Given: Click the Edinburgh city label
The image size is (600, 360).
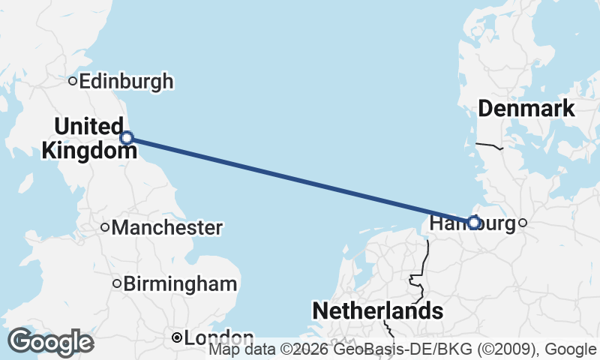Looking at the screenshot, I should [126, 81].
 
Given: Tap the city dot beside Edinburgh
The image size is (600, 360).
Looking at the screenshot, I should [73, 81].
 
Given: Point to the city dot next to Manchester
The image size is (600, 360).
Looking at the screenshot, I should [105, 227].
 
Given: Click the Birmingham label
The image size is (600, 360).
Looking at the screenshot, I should [180, 284].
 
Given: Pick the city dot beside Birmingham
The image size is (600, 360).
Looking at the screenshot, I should [117, 283].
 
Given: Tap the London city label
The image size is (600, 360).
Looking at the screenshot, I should [219, 338].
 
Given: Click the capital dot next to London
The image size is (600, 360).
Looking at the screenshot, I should [176, 338].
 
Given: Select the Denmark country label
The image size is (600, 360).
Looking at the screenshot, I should [526, 109].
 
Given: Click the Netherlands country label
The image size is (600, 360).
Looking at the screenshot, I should [376, 310].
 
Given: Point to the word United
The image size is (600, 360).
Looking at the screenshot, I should [88, 126].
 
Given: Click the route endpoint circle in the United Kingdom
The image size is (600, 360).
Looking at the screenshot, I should [127, 137].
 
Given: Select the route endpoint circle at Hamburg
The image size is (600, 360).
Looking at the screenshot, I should [473, 222].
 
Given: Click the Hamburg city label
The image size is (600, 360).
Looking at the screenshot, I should [474, 223].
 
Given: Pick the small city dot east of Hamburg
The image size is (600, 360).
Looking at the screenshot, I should [523, 222].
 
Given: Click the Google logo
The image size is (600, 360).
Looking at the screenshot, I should [50, 342].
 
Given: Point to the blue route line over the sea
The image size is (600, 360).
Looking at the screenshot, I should [300, 180].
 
